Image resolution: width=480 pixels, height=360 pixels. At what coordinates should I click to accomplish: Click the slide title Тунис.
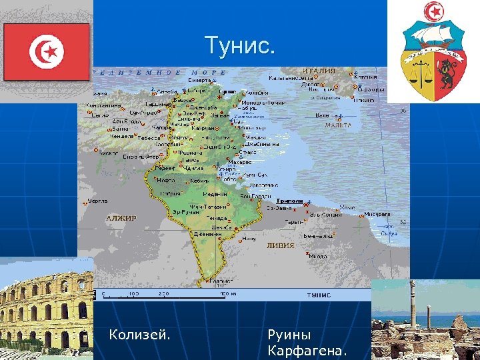tap(239, 46)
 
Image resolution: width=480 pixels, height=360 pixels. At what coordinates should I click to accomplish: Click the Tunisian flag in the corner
tap(46, 49)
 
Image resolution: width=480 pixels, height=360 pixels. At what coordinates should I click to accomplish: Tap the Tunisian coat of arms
tap(433, 53)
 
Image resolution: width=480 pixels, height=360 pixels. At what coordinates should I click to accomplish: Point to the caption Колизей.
tap(139, 334)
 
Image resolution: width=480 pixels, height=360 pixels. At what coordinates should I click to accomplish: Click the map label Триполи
tap(289, 201)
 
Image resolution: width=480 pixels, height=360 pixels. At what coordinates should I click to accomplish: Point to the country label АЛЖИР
tap(121, 218)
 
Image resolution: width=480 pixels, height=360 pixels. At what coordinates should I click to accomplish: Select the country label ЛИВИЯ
tap(280, 245)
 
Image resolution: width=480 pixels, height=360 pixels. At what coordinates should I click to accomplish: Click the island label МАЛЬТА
tap(338, 125)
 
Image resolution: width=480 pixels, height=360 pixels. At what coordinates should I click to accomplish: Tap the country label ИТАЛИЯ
tap(318, 71)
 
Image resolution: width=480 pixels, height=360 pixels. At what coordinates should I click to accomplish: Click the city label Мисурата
tap(377, 215)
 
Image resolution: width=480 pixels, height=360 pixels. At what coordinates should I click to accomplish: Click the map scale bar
tap(167, 293)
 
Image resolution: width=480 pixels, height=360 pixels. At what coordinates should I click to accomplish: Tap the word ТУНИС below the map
tap(319, 294)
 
